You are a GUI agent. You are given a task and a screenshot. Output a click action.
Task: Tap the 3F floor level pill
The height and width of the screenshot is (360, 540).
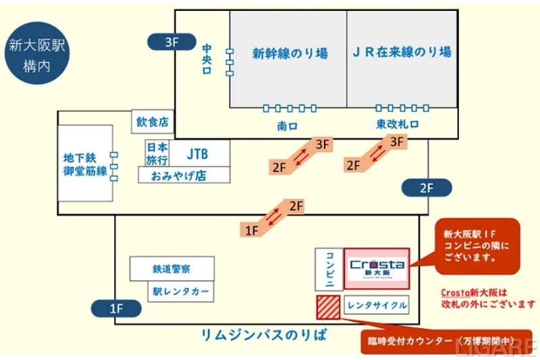[x=171, y=43]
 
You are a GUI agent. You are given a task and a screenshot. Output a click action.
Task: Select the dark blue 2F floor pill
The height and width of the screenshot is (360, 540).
[x=426, y=188]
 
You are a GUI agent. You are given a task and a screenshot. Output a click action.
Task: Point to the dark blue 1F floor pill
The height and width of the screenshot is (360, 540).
[x=116, y=309]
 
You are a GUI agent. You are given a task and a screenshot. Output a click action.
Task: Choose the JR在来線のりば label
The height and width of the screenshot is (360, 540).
[x=402, y=52]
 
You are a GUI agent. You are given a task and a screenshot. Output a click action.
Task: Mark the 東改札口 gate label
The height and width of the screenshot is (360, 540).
[x=398, y=125]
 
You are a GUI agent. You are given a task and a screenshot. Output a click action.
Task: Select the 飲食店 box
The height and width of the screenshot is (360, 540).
[x=152, y=122]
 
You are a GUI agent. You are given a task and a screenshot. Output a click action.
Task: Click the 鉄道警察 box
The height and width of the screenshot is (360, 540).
[x=172, y=268]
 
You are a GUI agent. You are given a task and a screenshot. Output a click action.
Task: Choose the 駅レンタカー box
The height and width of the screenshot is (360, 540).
[x=180, y=292]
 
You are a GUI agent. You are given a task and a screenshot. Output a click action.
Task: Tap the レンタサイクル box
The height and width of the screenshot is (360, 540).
[x=377, y=305]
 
